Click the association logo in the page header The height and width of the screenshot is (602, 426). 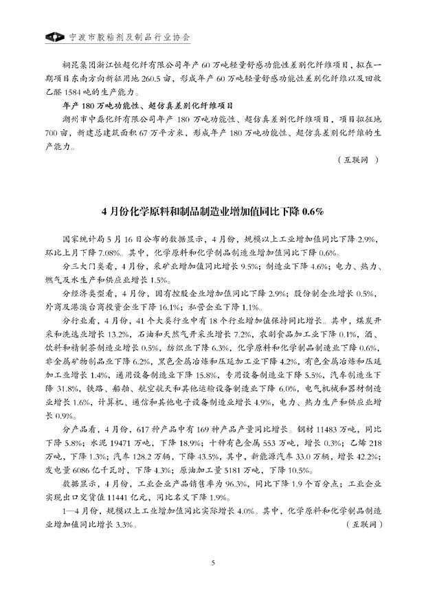[50, 36]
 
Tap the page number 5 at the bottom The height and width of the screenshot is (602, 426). [213, 563]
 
